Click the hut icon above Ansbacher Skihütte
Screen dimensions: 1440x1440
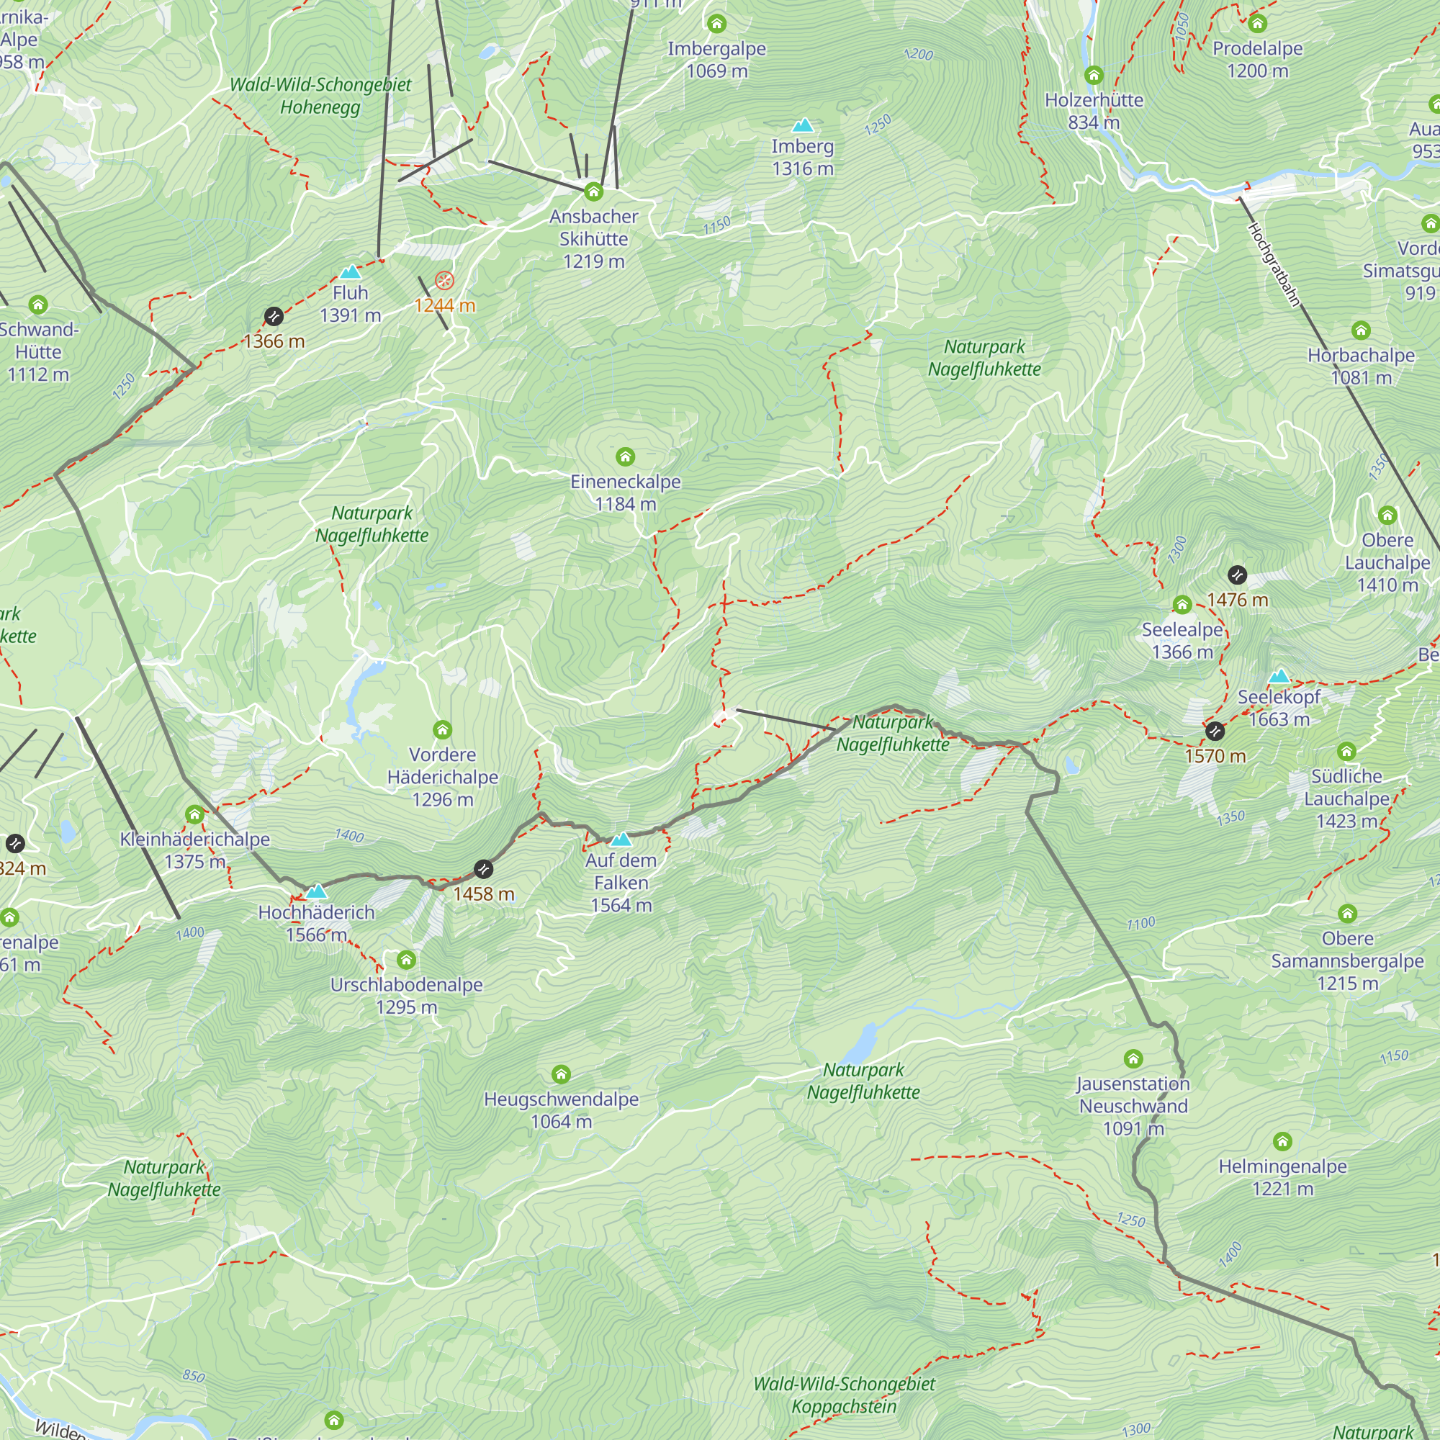pos(593,192)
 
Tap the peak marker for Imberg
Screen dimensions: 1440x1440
pos(802,125)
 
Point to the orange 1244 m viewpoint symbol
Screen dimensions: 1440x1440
pos(444,281)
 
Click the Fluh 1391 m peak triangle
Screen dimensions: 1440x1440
pos(350,272)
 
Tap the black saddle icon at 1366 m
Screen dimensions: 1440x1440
pos(274,317)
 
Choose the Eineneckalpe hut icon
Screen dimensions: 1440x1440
pos(626,456)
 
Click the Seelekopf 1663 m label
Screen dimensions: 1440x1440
pos(1279,708)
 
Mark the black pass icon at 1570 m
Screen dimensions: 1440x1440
pos(1215,732)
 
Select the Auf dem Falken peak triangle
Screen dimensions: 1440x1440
pos(621,840)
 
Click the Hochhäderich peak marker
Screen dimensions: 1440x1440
pos(317,891)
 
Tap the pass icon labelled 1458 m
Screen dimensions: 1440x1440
pos(484,869)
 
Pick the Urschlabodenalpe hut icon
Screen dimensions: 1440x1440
pos(406,959)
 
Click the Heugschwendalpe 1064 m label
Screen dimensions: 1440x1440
pos(562,1110)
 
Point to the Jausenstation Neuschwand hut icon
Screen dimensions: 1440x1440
pos(1133,1058)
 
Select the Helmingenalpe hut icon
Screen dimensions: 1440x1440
pos(1282,1141)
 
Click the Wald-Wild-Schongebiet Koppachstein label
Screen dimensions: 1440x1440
pos(844,1395)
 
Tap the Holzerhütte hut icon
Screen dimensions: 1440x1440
pos(1094,76)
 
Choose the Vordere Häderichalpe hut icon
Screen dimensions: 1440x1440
pos(443,729)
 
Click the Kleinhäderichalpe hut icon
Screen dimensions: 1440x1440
pos(194,814)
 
